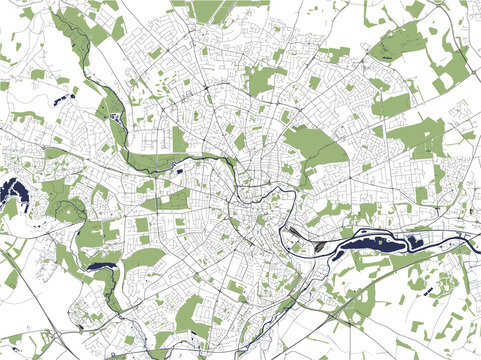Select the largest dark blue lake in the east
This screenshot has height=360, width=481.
click(x=372, y=240)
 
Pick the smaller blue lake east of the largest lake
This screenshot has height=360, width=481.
click(x=413, y=242)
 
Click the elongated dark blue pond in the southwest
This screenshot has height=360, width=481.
click(x=103, y=267)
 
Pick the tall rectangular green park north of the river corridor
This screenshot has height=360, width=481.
click(x=179, y=138)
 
